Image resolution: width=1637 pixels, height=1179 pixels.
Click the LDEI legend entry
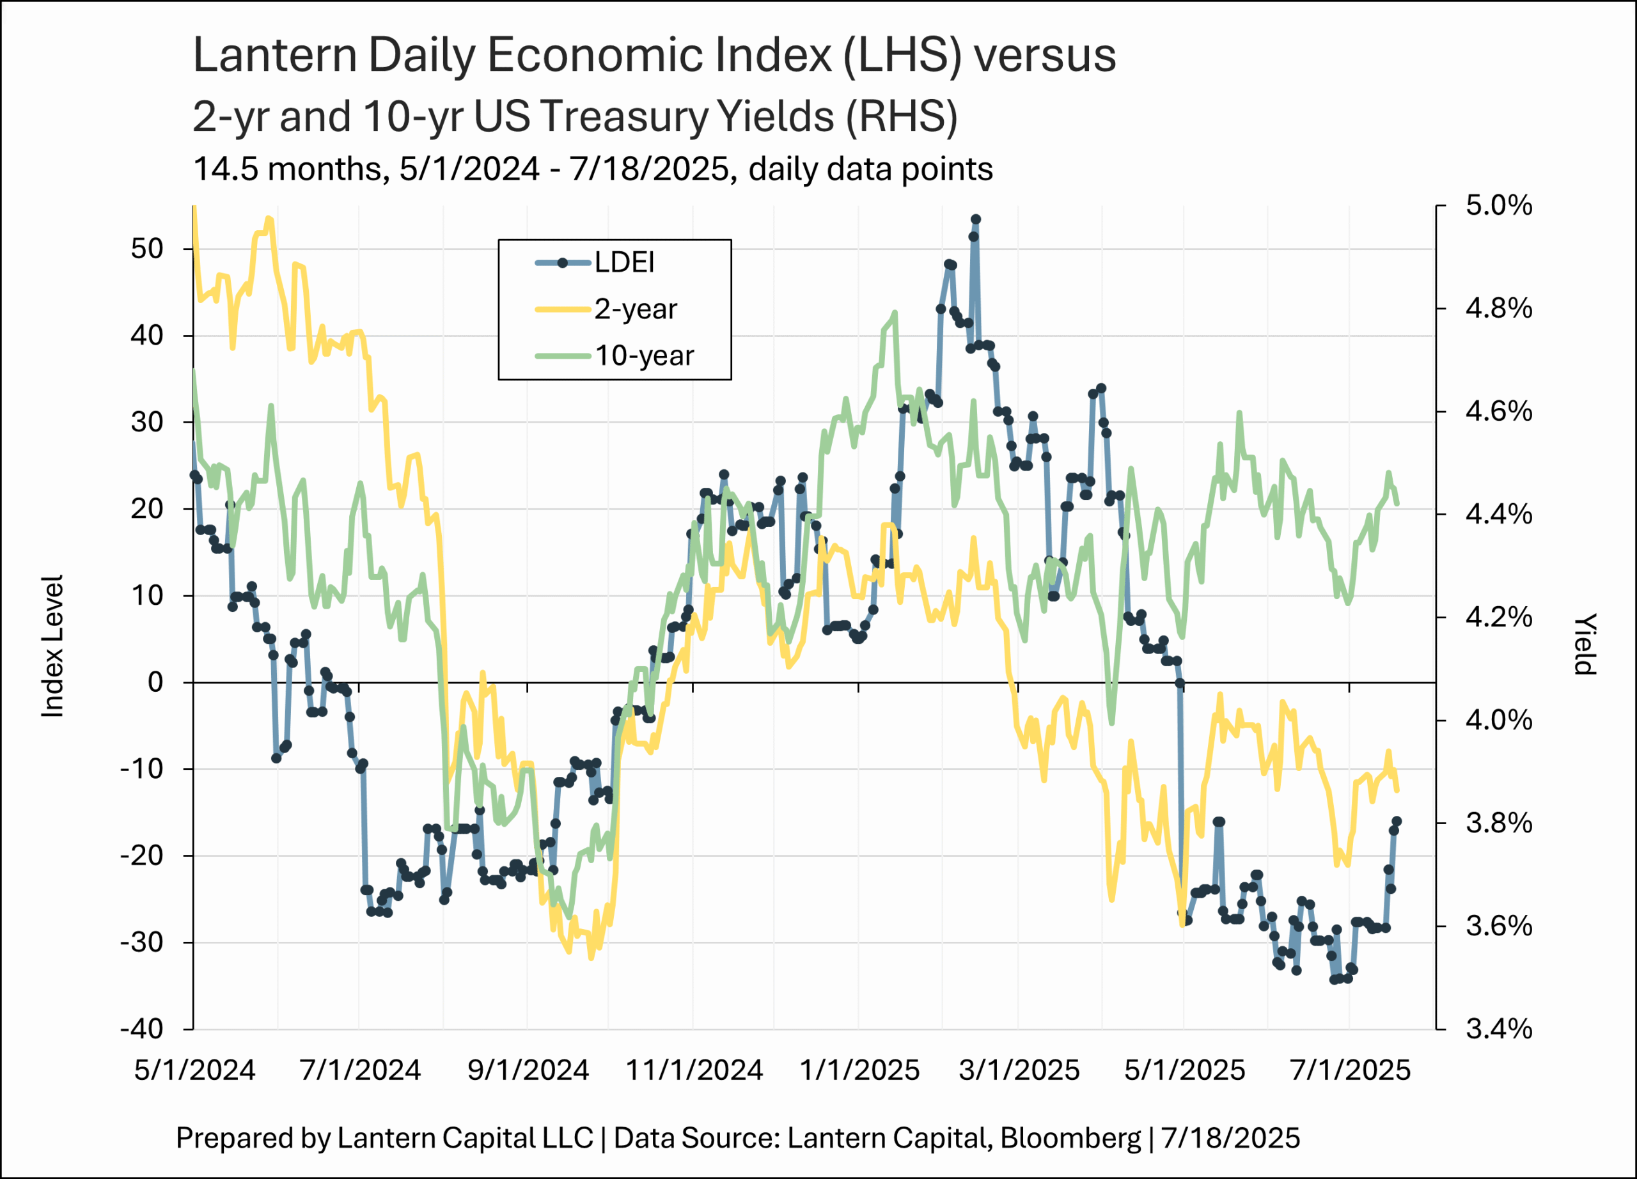(623, 263)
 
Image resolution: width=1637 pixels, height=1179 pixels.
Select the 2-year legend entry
(635, 309)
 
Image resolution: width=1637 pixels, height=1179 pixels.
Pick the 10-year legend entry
(644, 355)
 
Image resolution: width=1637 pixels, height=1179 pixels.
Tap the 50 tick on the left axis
(147, 249)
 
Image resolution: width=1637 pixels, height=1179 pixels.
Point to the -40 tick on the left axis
(142, 1028)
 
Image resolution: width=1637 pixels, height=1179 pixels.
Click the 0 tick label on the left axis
(155, 682)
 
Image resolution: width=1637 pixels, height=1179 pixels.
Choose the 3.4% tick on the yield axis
(1498, 1028)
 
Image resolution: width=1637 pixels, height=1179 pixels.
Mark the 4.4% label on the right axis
(1498, 515)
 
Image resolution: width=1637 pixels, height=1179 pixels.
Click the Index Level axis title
(52, 646)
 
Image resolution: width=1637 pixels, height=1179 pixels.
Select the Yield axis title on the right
(1585, 644)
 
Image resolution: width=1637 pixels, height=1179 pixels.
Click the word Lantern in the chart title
(275, 55)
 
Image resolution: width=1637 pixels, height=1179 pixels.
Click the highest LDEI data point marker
(976, 219)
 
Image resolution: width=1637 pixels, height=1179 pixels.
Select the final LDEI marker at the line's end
(1397, 821)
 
